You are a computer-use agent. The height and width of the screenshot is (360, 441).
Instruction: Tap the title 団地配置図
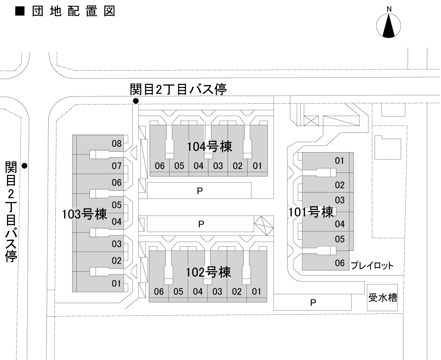click(x=65, y=12)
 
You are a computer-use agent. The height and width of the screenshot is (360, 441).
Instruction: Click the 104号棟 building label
click(x=210, y=146)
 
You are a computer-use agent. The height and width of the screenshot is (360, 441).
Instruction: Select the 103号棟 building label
click(x=84, y=214)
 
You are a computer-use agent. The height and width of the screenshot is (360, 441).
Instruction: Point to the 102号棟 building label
click(x=208, y=272)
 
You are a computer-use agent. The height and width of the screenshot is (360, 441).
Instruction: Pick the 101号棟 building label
click(x=312, y=212)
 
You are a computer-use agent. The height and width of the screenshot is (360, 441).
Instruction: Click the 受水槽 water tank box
click(x=382, y=297)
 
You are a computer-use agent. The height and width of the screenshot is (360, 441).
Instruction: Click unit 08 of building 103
click(x=117, y=144)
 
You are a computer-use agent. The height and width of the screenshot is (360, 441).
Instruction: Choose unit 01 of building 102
click(x=256, y=291)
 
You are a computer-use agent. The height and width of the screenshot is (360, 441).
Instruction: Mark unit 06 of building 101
click(x=340, y=263)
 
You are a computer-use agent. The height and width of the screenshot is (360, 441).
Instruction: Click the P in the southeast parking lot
click(x=313, y=303)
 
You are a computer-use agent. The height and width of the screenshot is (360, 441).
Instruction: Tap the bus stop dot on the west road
click(x=25, y=166)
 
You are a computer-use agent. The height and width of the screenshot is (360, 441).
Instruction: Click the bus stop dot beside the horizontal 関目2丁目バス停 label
click(x=135, y=101)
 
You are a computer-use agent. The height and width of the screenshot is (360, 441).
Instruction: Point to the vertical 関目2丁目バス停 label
click(x=11, y=211)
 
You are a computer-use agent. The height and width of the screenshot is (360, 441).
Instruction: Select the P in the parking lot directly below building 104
click(x=199, y=191)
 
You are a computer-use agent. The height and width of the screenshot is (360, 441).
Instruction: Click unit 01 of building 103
click(x=117, y=284)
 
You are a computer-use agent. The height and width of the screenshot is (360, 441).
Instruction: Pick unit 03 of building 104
click(x=218, y=166)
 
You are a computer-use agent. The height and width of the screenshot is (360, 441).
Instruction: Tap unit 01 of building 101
click(x=340, y=161)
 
